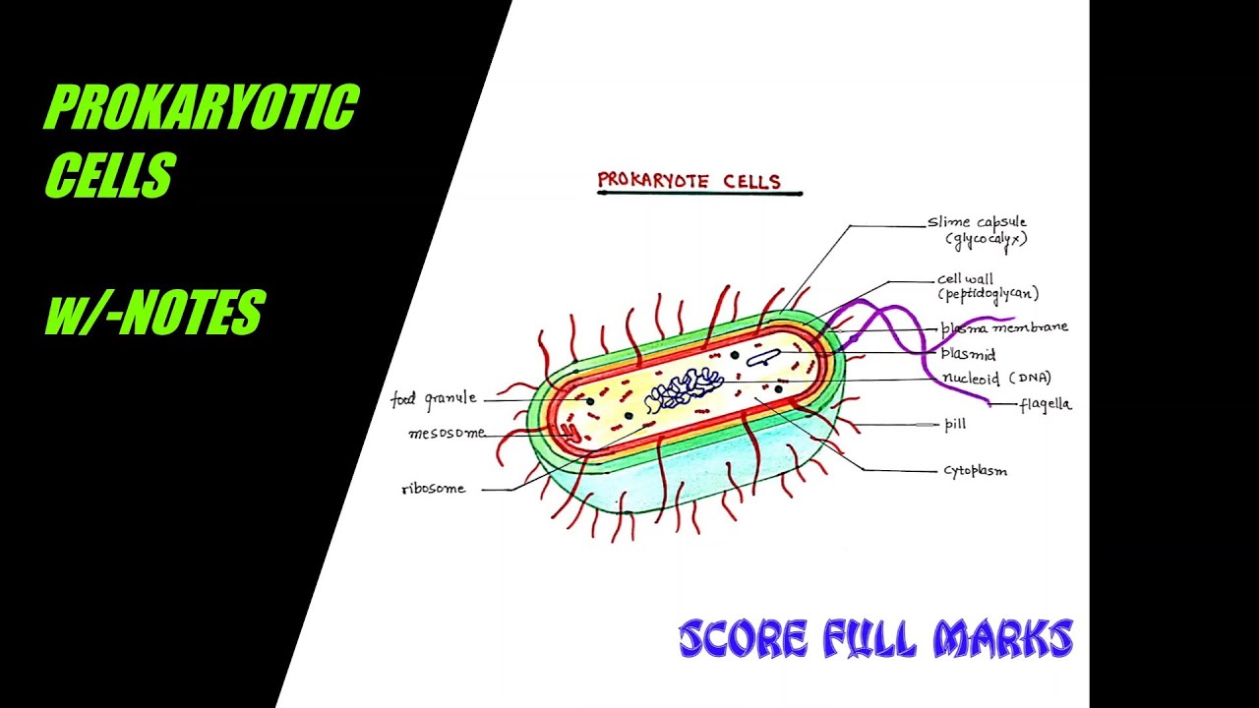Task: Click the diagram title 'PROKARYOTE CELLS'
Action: tap(689, 181)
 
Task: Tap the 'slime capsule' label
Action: tap(977, 223)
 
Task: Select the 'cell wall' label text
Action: tap(965, 279)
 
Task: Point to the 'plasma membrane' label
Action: tap(1004, 327)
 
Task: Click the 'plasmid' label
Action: tap(968, 354)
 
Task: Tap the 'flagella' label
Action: tap(1045, 404)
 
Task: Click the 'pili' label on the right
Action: tap(954, 425)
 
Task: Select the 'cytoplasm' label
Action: tap(975, 471)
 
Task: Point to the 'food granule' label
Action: tap(434, 398)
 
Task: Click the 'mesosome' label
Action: tap(447, 434)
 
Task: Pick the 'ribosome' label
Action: tap(434, 489)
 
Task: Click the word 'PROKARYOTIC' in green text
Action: tap(202, 108)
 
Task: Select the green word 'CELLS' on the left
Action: tap(110, 176)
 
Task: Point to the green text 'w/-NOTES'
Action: tap(154, 314)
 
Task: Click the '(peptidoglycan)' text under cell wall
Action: tap(988, 294)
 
